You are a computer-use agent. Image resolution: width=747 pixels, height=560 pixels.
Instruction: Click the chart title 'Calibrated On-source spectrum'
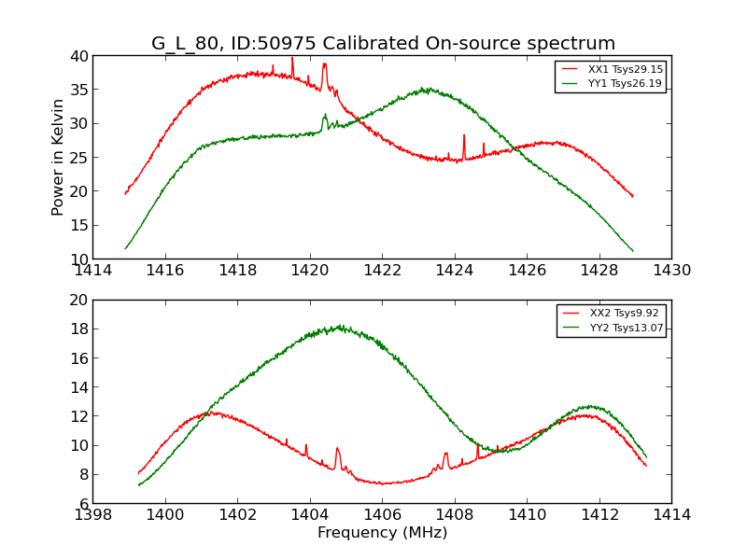(x=383, y=44)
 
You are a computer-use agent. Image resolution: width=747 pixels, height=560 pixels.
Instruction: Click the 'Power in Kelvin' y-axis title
(x=58, y=157)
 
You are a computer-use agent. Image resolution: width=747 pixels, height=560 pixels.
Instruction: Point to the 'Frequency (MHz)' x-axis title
(x=382, y=533)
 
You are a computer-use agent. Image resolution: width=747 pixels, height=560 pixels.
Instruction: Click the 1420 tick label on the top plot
(x=310, y=271)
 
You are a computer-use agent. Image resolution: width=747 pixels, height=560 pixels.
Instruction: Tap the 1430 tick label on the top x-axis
(x=671, y=271)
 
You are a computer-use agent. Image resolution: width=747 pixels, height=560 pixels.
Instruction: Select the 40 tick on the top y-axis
(x=78, y=56)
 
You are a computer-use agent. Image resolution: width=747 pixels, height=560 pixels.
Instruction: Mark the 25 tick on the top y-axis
(x=78, y=158)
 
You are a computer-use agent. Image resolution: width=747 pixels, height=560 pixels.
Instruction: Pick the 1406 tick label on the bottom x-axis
(x=382, y=514)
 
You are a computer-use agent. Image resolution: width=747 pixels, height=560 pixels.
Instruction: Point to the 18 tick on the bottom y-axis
(x=79, y=329)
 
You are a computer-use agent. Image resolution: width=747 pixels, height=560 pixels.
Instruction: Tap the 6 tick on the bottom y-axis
(x=83, y=503)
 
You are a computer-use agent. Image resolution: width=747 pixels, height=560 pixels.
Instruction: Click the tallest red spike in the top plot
(x=292, y=59)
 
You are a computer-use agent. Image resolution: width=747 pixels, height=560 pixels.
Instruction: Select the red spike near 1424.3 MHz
(x=464, y=136)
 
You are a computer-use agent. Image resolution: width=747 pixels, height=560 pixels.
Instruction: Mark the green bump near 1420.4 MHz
(x=325, y=116)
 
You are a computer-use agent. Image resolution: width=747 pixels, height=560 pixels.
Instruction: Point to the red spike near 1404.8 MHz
(x=337, y=449)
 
